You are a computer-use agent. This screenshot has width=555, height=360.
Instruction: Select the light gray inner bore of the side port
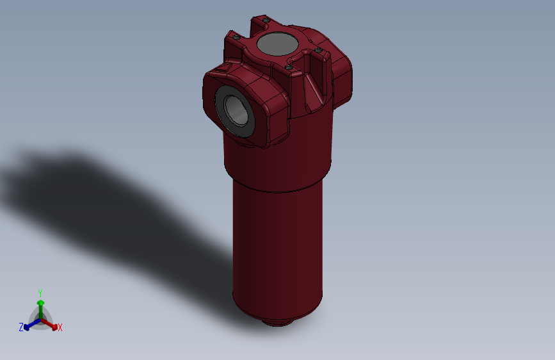(x=236, y=110)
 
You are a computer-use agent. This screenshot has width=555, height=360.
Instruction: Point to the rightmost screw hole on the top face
(x=318, y=49)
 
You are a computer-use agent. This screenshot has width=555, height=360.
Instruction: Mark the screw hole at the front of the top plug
(x=288, y=67)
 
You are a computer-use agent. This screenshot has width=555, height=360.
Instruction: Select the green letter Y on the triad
(x=40, y=292)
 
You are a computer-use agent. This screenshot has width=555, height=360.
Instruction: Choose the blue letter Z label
(x=20, y=327)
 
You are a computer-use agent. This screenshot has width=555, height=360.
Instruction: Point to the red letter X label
(x=60, y=328)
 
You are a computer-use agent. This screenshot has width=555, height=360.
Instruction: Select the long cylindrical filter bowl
(x=277, y=250)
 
